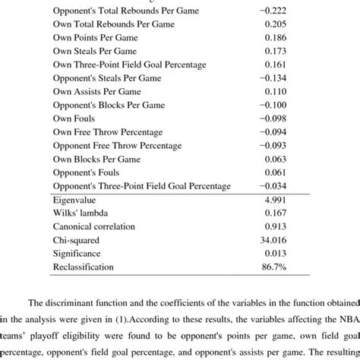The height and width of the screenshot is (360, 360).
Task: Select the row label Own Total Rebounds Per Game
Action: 112,24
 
